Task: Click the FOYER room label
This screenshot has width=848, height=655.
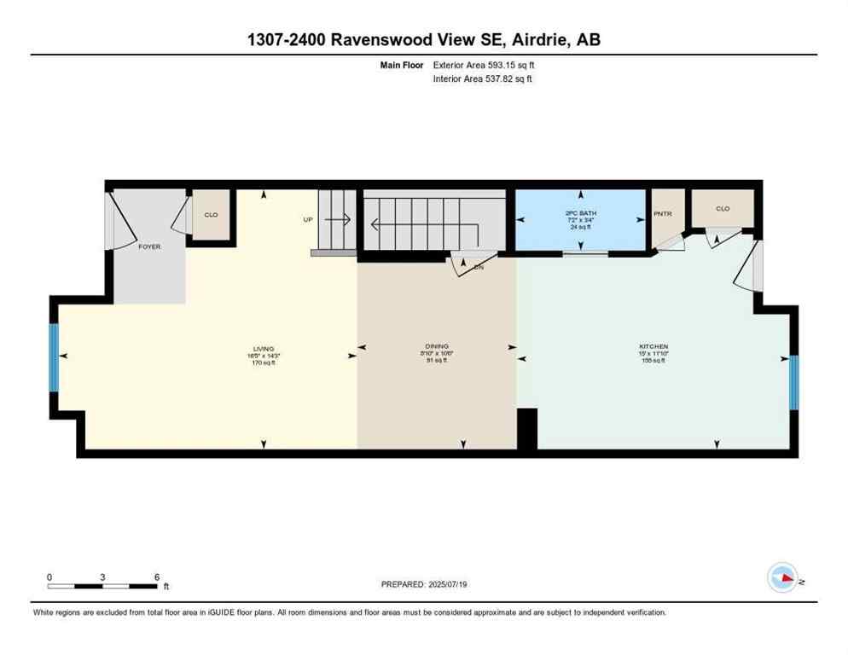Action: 149,246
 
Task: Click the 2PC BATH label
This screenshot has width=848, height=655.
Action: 579,213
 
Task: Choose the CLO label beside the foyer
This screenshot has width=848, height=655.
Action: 211,214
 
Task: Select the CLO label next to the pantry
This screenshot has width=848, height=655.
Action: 722,208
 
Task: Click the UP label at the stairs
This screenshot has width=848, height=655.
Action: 308,219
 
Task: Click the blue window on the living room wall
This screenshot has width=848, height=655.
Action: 54,356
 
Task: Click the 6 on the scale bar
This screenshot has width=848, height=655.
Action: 157,577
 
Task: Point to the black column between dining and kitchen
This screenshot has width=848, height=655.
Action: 527,429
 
